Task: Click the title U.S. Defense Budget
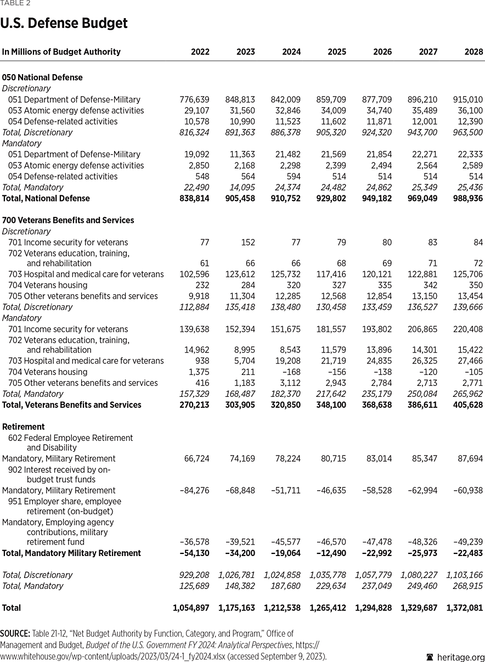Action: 64,24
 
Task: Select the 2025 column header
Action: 337,52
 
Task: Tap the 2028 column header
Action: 474,52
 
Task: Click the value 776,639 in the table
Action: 194,99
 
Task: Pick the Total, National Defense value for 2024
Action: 286,198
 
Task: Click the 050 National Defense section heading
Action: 42,77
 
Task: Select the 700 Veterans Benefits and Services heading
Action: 68,220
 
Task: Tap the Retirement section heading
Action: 24,427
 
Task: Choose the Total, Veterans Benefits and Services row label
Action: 72,405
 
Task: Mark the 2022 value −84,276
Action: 194,490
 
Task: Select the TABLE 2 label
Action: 15,3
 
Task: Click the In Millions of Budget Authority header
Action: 61,52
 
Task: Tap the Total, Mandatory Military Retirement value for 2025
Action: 331,553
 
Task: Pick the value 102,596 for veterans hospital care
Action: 194,274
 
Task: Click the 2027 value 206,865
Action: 423,329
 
